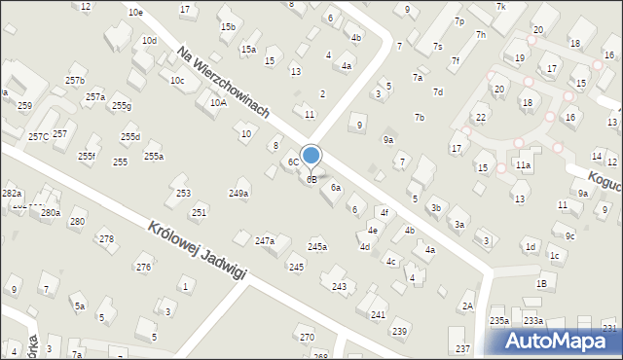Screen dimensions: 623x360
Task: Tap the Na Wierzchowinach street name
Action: pos(223,83)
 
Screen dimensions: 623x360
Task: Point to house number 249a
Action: pos(238,194)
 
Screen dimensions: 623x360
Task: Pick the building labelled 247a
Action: pos(265,240)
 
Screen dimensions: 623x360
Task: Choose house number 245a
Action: pos(317,247)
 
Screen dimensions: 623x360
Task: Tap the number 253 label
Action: pos(183,194)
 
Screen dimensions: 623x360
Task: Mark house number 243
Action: pos(339,286)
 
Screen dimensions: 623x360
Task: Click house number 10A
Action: pos(218,102)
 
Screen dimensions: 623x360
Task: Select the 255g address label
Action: pos(121,105)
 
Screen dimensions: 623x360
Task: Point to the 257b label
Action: pos(75,80)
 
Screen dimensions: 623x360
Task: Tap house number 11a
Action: pos(523,166)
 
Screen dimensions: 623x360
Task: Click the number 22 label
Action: pos(480,117)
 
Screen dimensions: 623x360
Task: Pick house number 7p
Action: pos(458,21)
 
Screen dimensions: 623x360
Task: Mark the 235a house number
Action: pos(499,320)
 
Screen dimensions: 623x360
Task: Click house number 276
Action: pos(143,267)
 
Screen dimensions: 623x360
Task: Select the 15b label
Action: pos(228,27)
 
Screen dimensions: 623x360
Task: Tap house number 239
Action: pos(400,332)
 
